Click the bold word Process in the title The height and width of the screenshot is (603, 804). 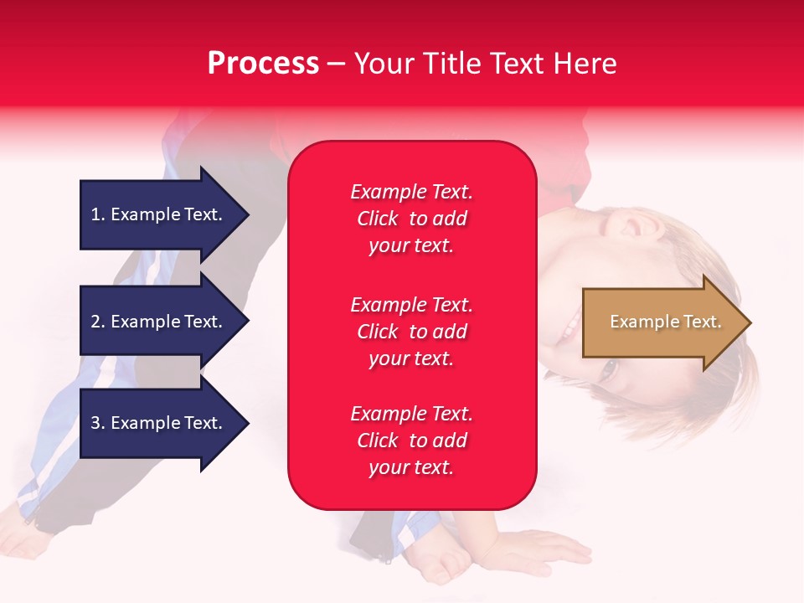tap(263, 64)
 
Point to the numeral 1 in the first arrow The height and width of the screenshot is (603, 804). tap(95, 214)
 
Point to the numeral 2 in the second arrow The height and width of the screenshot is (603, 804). tap(96, 322)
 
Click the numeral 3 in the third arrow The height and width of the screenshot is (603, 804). tap(96, 423)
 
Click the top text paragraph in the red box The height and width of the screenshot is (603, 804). tap(411, 219)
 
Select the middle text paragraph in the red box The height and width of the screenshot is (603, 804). tap(411, 332)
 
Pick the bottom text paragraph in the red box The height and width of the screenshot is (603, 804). tap(411, 441)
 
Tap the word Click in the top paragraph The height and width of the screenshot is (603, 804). tap(378, 219)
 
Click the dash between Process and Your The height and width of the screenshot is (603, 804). tap(336, 64)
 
